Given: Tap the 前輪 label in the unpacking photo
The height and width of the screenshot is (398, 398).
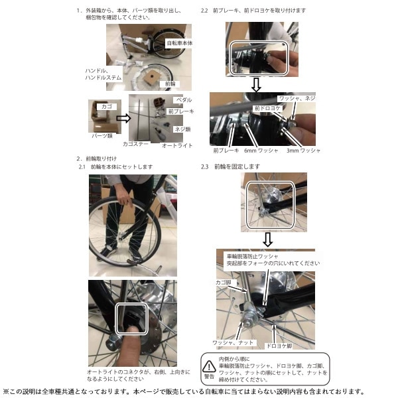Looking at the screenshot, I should [169, 84].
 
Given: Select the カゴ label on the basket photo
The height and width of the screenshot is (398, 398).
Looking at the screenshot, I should [104, 105].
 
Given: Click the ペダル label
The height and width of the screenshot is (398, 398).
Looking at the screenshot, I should [182, 100].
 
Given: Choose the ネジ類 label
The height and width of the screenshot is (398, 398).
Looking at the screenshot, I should [182, 129].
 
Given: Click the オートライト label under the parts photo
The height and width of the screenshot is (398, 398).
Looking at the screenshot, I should [176, 145].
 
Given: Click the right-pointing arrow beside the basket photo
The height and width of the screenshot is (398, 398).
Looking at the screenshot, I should [123, 119].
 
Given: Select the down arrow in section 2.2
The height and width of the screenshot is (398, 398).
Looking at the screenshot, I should [256, 84].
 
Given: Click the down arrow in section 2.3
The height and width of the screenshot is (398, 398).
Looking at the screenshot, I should [267, 239].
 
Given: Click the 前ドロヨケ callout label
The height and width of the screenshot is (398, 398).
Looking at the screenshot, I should [265, 107].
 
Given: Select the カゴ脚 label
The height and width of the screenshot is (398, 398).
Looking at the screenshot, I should [225, 281].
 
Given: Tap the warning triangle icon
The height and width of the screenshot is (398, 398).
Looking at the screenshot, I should [209, 365].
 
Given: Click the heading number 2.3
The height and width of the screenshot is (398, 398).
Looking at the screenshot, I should [205, 166].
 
